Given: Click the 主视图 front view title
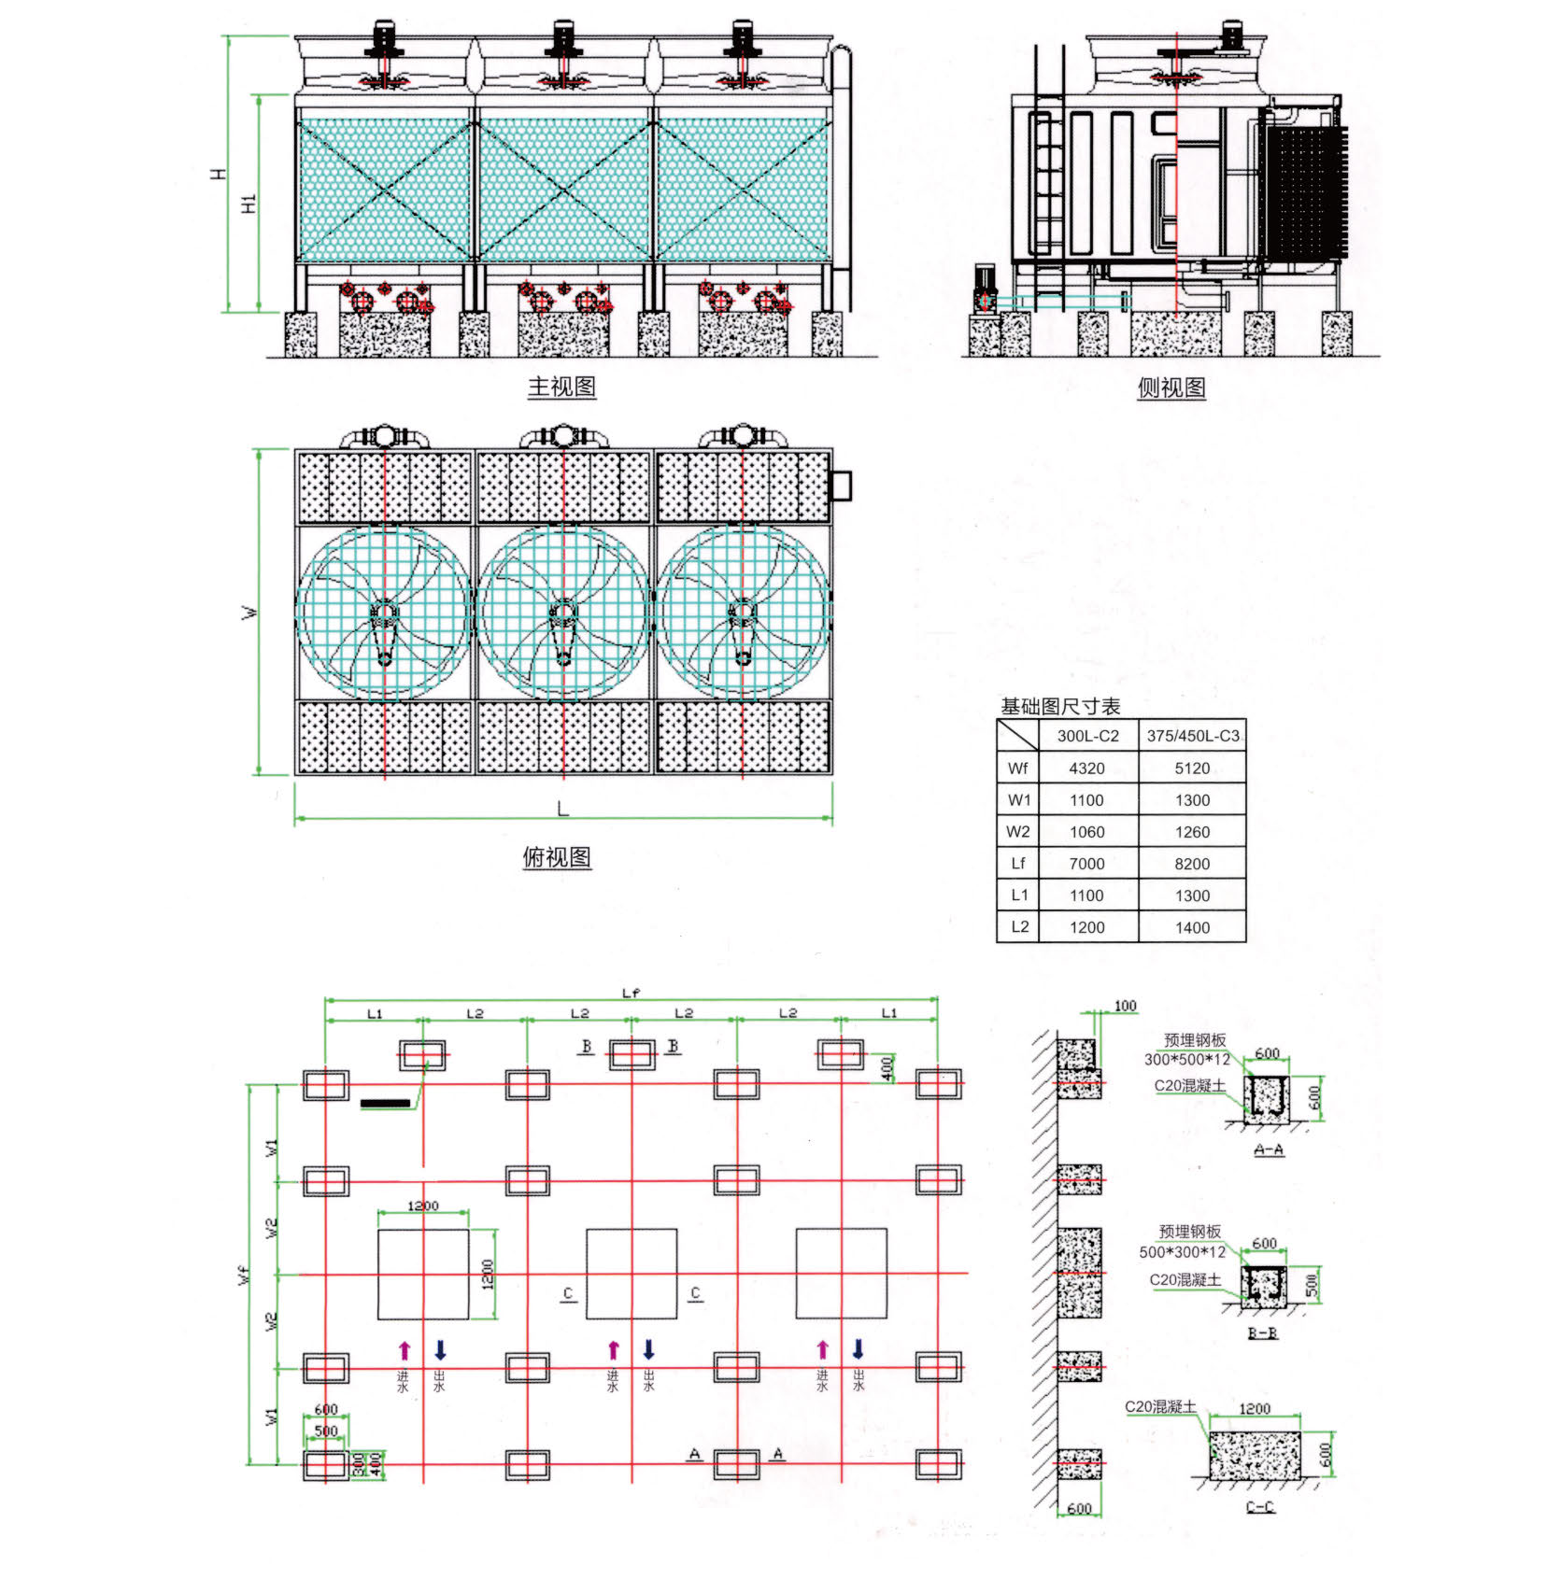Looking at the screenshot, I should coord(561,387).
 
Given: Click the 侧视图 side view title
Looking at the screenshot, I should coord(1171,388).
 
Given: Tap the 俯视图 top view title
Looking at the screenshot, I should coord(557,857).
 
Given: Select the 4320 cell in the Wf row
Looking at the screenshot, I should coord(1086,768).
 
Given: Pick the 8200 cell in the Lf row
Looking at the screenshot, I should coord(1192,864).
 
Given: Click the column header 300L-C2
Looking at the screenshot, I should coord(1087,736).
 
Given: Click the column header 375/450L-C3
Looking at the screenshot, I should coord(1193,736).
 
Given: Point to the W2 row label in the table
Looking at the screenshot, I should coord(1018,831).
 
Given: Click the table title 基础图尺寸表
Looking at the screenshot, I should coord(1060,706).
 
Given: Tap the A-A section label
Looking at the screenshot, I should coord(1268,1149).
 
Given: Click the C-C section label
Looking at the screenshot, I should coord(1260,1506).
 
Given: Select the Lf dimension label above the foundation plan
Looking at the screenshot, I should coord(631,993).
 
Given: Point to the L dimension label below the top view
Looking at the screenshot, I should coord(562,809).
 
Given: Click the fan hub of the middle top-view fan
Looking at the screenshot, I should coord(563,613).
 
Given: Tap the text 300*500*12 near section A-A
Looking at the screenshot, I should coord(1186,1059).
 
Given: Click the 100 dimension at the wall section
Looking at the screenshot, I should coord(1125,1006).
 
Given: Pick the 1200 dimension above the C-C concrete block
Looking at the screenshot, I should coord(1254,1408).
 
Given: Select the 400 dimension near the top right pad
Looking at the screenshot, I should coord(887,1065).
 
